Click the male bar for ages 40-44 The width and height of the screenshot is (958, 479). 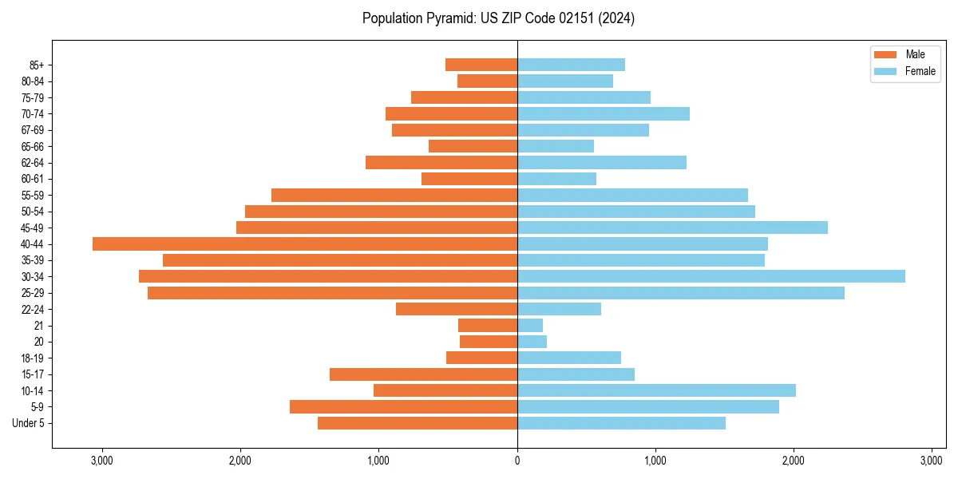(x=305, y=243)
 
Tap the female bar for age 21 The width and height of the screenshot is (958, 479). (x=530, y=325)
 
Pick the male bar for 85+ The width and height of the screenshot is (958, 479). (x=481, y=65)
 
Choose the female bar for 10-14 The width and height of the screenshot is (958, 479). (x=656, y=390)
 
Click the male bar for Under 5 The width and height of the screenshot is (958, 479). (x=418, y=423)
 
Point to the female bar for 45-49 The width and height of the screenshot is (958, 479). (x=672, y=228)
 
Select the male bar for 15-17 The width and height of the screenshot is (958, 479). (x=423, y=374)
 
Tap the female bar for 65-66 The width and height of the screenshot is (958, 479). (x=556, y=146)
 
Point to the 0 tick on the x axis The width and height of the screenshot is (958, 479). (x=517, y=461)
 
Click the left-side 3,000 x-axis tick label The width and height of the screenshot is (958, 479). (x=102, y=461)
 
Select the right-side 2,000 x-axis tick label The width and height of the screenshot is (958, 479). (x=793, y=461)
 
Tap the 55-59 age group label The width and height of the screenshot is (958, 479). (x=33, y=195)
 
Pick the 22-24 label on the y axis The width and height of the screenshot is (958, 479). (x=33, y=309)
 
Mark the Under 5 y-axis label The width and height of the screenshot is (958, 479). (x=29, y=423)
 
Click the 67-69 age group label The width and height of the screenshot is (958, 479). (x=33, y=130)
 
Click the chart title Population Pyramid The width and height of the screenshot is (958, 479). (x=498, y=18)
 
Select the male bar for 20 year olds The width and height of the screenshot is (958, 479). (x=489, y=342)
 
